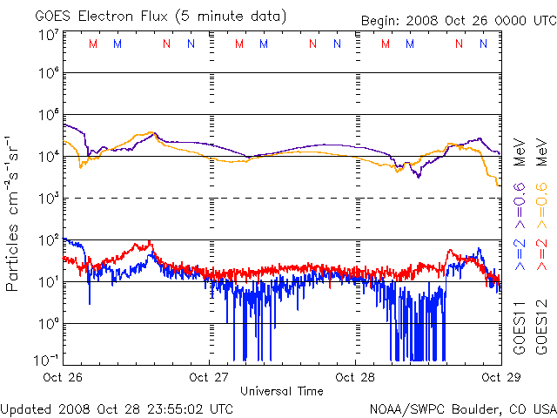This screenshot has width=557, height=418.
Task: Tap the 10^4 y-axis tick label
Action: coord(48,156)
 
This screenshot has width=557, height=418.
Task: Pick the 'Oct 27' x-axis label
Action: coord(210,378)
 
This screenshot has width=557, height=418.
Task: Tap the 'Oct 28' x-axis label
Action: coord(356,378)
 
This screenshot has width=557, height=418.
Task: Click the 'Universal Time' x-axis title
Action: coord(282,391)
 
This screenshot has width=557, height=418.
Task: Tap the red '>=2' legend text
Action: coord(541,253)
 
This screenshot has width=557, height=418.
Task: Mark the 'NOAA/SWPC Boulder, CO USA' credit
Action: coord(462,408)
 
